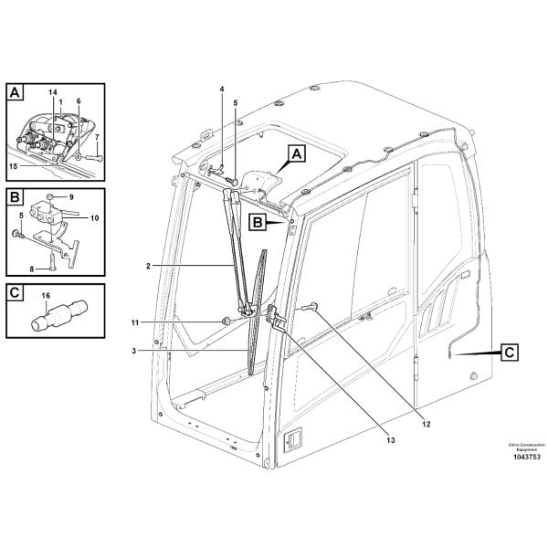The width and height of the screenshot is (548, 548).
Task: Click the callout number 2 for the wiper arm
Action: pyautogui.click(x=148, y=266)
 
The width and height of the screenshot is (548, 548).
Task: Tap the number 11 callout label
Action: pyautogui.click(x=134, y=321)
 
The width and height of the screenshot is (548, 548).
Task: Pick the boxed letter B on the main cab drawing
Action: pyautogui.click(x=259, y=221)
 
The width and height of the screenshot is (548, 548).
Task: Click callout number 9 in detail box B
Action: pyautogui.click(x=71, y=196)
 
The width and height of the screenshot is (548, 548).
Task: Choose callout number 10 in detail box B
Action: pyautogui.click(x=94, y=217)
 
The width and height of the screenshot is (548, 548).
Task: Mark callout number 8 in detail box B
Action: pyautogui.click(x=31, y=269)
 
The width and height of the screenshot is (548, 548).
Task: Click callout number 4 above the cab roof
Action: pyautogui.click(x=221, y=89)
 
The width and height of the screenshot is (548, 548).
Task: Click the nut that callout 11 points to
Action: pyautogui.click(x=225, y=321)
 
